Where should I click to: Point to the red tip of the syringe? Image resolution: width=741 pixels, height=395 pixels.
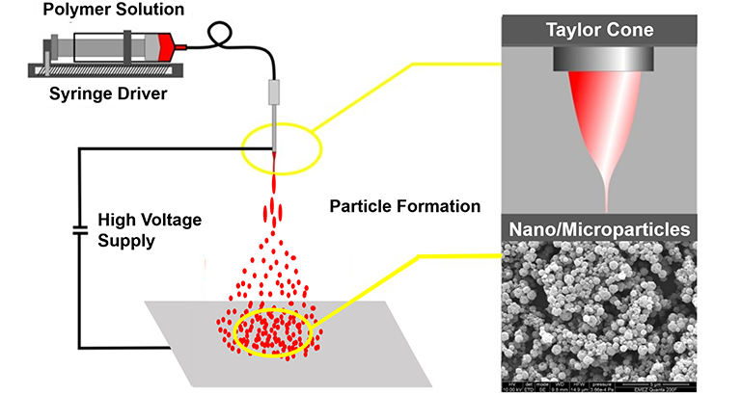point(176,44)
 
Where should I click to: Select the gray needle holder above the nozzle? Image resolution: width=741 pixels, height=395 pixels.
point(272,92)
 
